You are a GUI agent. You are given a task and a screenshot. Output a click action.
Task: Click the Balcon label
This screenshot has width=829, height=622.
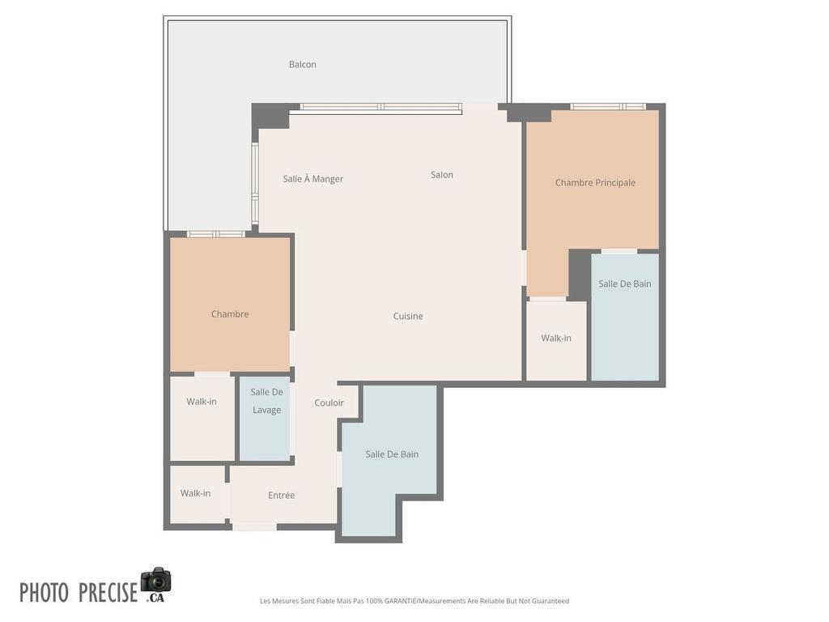click(x=303, y=65)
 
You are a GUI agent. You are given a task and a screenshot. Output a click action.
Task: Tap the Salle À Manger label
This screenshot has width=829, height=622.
click(x=313, y=179)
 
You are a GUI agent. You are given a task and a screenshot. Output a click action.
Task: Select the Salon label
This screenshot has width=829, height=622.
click(x=442, y=175)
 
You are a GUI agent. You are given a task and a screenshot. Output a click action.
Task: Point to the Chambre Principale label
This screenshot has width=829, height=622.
click(x=595, y=183)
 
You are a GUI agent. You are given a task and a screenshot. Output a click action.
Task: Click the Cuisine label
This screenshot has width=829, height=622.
click(x=408, y=317)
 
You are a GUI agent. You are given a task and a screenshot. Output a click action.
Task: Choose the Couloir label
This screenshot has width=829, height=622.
click(x=329, y=403)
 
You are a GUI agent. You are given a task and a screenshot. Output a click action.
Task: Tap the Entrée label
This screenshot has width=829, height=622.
click(x=282, y=496)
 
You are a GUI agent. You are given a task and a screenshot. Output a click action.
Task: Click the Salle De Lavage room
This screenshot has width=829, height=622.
click(x=266, y=417)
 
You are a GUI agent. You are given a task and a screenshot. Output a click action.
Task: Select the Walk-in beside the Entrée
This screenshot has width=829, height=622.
click(x=196, y=493)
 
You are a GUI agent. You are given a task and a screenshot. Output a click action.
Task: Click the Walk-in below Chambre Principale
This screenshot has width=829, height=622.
click(x=556, y=339)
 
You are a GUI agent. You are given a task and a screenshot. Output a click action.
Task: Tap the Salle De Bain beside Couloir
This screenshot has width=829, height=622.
click(x=392, y=454)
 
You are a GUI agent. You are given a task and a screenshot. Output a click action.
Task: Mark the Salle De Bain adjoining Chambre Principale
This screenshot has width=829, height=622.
click(x=625, y=316)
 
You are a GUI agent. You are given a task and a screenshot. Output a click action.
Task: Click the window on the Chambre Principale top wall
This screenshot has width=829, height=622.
click(x=608, y=107)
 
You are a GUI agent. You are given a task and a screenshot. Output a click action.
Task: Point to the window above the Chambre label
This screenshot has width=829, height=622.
click(x=216, y=234)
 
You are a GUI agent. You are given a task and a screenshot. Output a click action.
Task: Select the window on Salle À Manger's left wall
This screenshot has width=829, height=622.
click(x=255, y=184)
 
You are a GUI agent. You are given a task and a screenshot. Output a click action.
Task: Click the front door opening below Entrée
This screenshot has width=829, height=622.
click(x=254, y=527)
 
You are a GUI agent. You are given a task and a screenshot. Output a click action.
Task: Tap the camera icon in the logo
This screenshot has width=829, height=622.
click(x=155, y=581)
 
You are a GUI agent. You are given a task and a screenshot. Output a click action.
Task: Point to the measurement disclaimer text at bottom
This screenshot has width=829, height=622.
click(x=414, y=601)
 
